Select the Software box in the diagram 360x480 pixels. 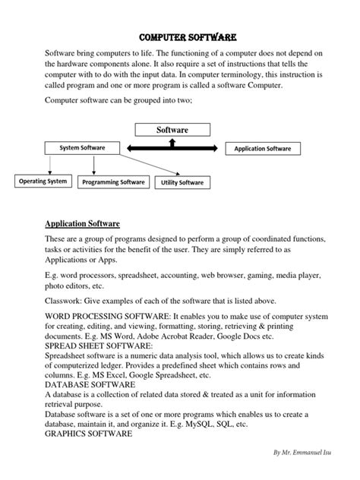172,130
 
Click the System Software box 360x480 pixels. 83,147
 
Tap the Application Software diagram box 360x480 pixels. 267,148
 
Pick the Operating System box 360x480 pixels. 43,182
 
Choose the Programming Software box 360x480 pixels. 114,182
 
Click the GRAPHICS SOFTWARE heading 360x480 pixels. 90,434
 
